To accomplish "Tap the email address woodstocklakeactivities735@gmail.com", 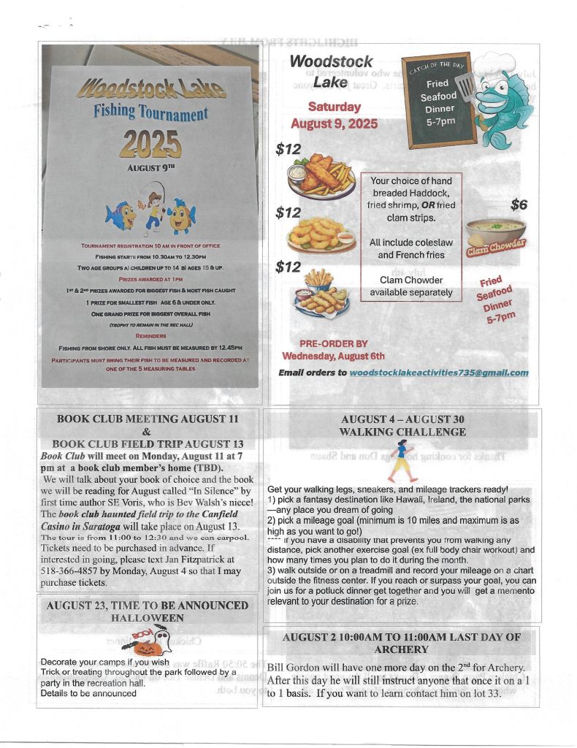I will click(x=438, y=373).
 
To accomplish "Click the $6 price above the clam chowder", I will click(x=519, y=205).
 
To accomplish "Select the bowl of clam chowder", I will click(x=495, y=232).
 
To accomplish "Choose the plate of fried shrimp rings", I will click(x=321, y=234).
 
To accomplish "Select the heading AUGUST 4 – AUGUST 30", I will click(x=403, y=419).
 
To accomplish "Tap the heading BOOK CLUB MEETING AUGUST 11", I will click(x=148, y=419).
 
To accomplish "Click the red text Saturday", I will click(x=334, y=107).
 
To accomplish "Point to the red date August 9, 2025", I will click(x=334, y=123).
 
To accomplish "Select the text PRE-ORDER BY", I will click(x=334, y=343).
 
